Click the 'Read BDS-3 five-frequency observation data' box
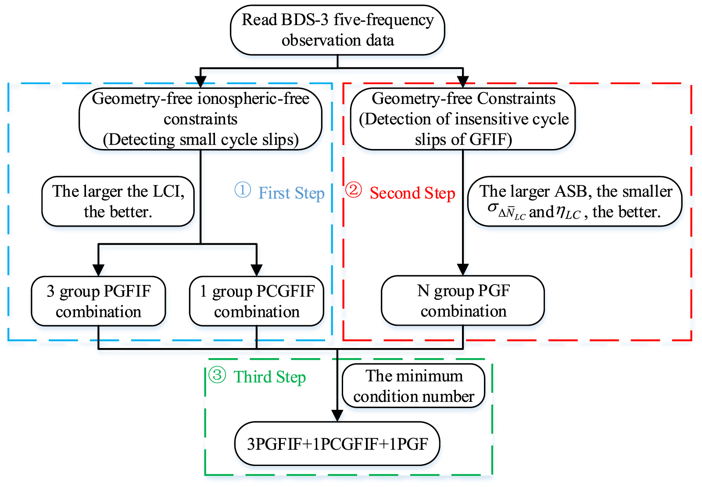pyautogui.click(x=337, y=30)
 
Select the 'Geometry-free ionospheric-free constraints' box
pyautogui.click(x=201, y=119)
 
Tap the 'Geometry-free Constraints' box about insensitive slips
pyautogui.click(x=463, y=119)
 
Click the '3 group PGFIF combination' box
pyautogui.click(x=98, y=301)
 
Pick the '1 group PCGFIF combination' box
pyautogui.click(x=257, y=301)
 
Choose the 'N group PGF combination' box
pyautogui.click(x=463, y=301)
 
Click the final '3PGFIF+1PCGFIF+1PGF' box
pyautogui.click(x=337, y=444)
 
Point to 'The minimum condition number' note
pyautogui.click(x=414, y=386)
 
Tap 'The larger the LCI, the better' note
pyautogui.click(x=118, y=202)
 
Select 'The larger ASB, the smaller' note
pyautogui.click(x=575, y=202)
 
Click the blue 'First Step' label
pyautogui.click(x=291, y=193)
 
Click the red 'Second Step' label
pyautogui.click(x=412, y=193)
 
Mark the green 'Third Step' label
pyautogui.click(x=269, y=377)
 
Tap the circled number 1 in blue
pyautogui.click(x=243, y=190)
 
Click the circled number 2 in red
pyautogui.click(x=354, y=190)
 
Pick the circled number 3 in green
pyautogui.click(x=217, y=375)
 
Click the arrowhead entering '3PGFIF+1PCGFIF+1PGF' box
pyautogui.click(x=337, y=416)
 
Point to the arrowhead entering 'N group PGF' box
pyautogui.click(x=463, y=269)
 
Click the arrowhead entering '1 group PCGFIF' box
pyautogui.click(x=257, y=270)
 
